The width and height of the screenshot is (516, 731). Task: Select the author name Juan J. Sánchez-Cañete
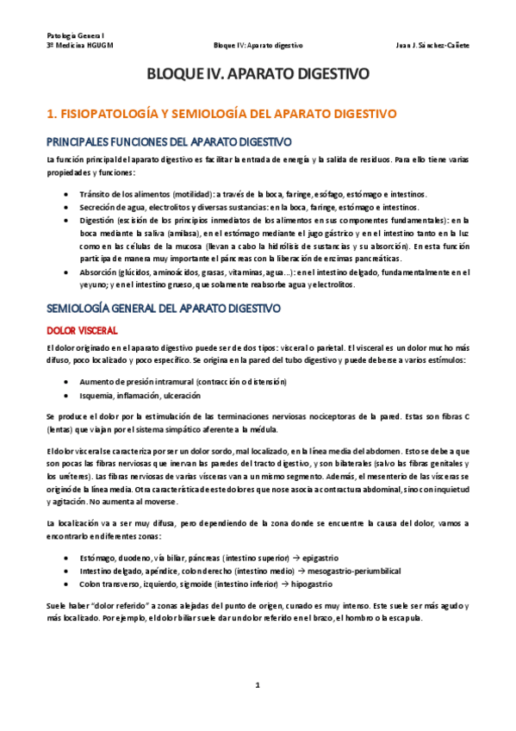tap(431, 45)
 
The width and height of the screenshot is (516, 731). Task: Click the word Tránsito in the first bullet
tap(95, 195)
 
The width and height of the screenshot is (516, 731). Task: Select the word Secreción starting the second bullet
tap(98, 208)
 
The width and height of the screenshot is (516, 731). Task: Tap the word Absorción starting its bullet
tap(97, 272)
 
